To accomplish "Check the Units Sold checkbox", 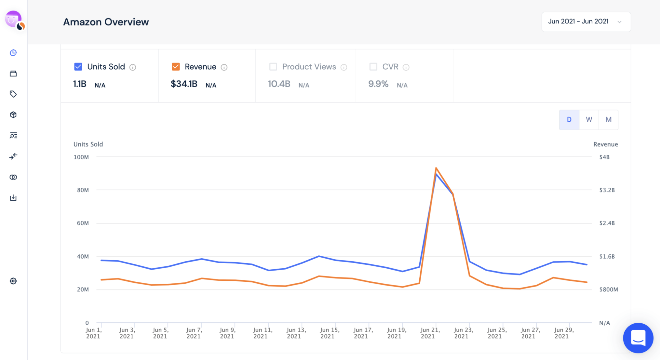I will (78, 67).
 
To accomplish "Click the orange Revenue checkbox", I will (176, 67).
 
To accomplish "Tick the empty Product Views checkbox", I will (273, 67).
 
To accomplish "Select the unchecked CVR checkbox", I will (373, 67).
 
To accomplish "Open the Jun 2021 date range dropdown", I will (586, 22).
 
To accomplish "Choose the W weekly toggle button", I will (589, 120).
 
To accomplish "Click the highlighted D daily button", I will (569, 120).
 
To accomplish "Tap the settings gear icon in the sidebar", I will (13, 281).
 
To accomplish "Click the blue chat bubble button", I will (638, 338).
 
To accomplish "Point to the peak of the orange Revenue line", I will (436, 168).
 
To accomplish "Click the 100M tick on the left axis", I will (81, 157).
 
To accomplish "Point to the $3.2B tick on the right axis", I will (607, 190).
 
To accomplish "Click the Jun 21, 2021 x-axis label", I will (430, 333).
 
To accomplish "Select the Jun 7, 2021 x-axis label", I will (194, 333).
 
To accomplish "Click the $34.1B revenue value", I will (184, 84).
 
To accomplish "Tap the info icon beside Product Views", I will (344, 67).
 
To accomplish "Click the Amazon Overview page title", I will (106, 22).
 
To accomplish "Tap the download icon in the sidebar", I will (13, 198).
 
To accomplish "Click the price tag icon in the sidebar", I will (13, 94).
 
